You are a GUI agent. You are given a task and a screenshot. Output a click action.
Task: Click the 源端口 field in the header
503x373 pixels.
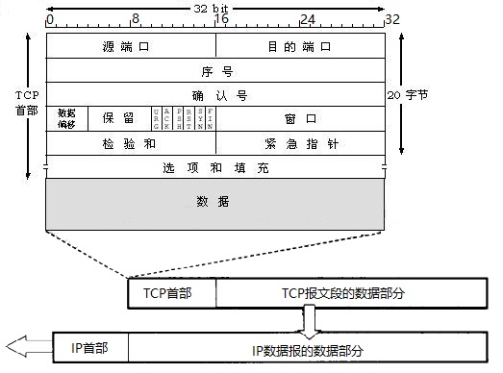click(131, 46)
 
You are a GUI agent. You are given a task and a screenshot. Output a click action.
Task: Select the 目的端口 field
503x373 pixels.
click(300, 46)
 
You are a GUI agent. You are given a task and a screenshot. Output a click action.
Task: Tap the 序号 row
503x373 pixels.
click(215, 70)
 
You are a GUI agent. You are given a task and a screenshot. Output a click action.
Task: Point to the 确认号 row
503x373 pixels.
click(215, 94)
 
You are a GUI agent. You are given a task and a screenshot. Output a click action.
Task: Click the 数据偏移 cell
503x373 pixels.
click(66, 117)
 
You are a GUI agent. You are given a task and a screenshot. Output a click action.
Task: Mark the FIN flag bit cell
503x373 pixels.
click(210, 117)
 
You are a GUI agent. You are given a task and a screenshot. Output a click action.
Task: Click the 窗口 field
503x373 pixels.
click(300, 117)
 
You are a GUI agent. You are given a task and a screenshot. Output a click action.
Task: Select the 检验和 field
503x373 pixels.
click(131, 142)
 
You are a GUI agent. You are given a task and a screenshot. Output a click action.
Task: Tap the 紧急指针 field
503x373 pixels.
click(300, 142)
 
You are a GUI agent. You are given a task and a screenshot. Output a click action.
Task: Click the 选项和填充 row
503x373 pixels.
click(215, 167)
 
